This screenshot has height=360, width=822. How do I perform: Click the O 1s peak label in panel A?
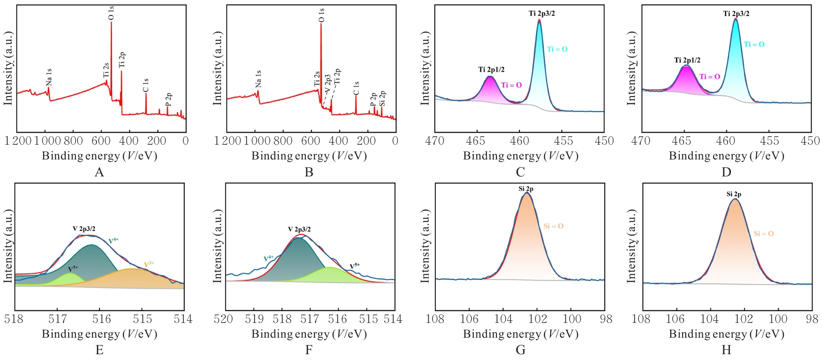point(111,13)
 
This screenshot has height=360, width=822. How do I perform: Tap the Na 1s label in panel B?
point(258,79)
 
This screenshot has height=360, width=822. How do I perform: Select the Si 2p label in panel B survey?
point(382,98)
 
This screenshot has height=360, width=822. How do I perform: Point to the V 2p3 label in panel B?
point(328,84)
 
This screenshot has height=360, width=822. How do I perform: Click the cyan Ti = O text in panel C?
point(557,49)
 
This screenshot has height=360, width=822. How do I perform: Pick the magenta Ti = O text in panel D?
point(709,77)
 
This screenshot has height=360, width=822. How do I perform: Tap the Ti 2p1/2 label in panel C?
point(491,70)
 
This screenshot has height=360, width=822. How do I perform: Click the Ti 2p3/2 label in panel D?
point(736,14)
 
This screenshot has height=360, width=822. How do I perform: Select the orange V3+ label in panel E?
point(149,264)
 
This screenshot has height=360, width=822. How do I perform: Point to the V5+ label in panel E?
point(73,269)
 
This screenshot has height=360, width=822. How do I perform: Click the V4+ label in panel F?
point(269,258)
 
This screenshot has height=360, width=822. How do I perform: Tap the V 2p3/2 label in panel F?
point(299,230)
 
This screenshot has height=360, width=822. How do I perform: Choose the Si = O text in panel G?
point(553,226)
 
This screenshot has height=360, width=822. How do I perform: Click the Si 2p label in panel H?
point(734,194)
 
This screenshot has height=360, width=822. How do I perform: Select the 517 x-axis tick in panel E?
point(57,319)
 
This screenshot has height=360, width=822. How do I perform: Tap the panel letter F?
point(309,350)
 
